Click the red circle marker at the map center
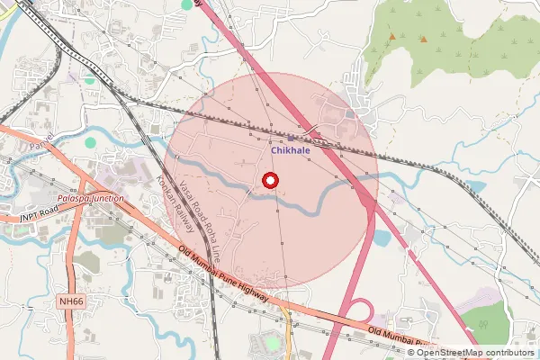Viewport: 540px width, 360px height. tap(269, 181)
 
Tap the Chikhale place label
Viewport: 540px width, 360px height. tap(291, 150)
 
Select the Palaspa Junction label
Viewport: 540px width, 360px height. tap(88, 199)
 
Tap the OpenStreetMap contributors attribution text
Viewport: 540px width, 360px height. tap(471, 352)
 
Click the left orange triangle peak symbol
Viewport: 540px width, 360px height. tap(391, 37)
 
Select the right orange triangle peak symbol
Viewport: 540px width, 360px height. tap(422, 38)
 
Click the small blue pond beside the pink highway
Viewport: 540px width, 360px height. tap(381, 238)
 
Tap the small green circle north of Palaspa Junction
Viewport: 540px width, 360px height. tap(90, 142)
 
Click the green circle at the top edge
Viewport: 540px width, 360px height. tap(187, 4)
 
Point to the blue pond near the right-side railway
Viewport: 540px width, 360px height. tap(474, 187)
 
